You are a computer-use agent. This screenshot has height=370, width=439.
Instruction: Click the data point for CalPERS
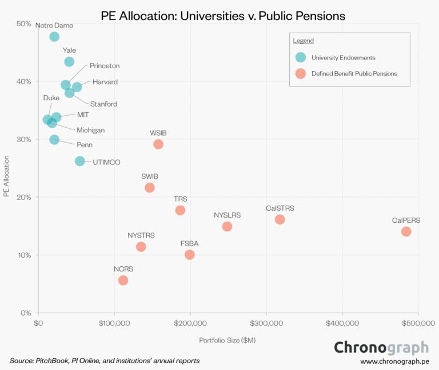pyautogui.click(x=406, y=231)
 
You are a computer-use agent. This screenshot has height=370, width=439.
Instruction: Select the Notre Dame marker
pyautogui.click(x=54, y=37)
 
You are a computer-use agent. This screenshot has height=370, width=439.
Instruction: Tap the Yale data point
pyautogui.click(x=69, y=62)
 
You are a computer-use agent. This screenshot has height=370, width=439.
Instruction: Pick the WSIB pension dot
pyautogui.click(x=158, y=144)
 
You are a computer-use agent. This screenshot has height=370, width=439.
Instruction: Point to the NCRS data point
pyautogui.click(x=123, y=280)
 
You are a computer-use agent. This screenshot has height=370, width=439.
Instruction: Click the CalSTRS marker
pyautogui.click(x=280, y=219)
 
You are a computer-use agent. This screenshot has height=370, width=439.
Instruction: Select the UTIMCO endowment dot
pyautogui.click(x=80, y=162)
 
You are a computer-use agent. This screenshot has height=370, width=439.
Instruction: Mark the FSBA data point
pyautogui.click(x=190, y=254)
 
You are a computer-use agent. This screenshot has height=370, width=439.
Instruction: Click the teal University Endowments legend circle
pyautogui.click(x=300, y=57)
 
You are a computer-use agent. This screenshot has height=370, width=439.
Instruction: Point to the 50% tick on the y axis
pyautogui.click(x=23, y=23)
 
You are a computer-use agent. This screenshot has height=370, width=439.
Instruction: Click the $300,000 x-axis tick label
pyautogui.click(x=266, y=324)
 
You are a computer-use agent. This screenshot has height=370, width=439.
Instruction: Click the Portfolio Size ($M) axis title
pyautogui.click(x=228, y=340)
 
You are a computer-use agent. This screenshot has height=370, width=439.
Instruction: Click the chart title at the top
pyautogui.click(x=223, y=15)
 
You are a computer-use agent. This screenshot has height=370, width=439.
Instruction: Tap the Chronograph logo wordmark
pyautogui.click(x=381, y=347)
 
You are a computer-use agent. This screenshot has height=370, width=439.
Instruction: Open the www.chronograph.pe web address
pyautogui.click(x=394, y=361)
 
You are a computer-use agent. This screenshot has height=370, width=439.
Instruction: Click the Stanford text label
pyautogui.click(x=103, y=104)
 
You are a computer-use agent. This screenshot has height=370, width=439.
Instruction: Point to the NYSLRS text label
pyautogui.click(x=228, y=215)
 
